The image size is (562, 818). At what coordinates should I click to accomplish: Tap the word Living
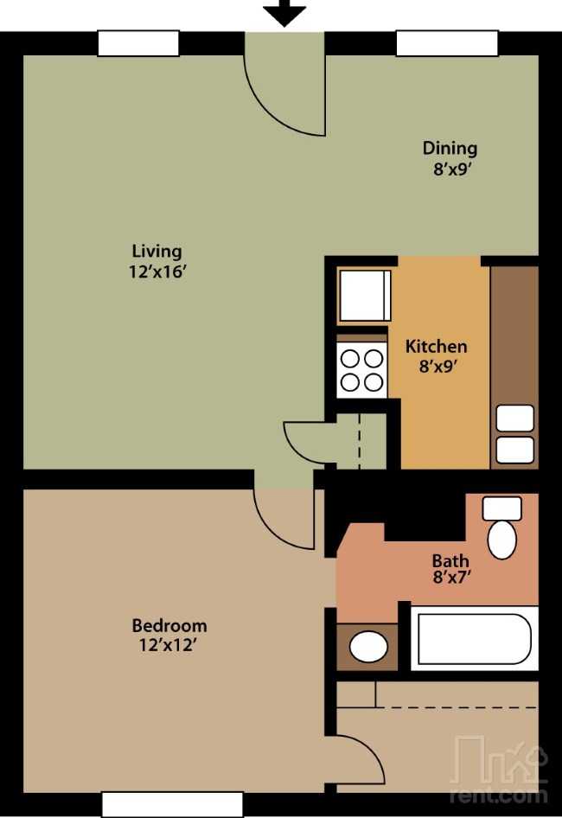(x=156, y=252)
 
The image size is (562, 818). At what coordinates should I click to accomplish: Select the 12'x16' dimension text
(x=157, y=272)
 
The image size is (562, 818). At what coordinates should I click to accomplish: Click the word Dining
(x=450, y=148)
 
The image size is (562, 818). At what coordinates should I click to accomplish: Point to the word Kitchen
(x=437, y=346)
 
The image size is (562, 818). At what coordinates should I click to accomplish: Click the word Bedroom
(x=169, y=625)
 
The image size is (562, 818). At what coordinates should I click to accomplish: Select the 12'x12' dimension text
(x=168, y=645)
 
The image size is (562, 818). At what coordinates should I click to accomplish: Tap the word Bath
(x=450, y=561)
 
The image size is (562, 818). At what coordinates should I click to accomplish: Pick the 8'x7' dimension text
(x=452, y=578)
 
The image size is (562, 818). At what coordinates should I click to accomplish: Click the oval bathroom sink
(x=368, y=647)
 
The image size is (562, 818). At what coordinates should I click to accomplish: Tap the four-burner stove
(x=361, y=369)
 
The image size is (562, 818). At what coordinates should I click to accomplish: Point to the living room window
(x=139, y=43)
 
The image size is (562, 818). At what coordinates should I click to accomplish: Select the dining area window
(x=447, y=43)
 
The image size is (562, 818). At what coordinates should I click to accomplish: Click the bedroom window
(x=172, y=805)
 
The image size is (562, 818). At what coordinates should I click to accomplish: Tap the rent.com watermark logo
(x=500, y=769)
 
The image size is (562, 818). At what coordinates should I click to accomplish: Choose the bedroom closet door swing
(x=360, y=759)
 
